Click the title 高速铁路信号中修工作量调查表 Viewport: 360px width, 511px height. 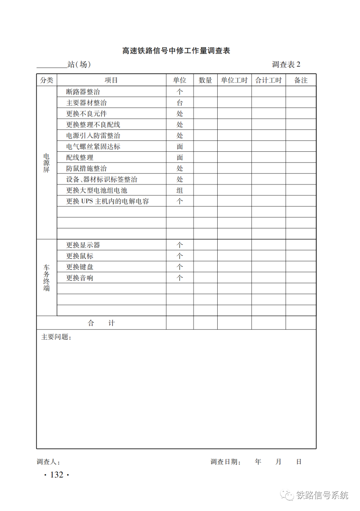[x=176, y=51]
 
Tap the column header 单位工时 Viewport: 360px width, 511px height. [x=234, y=80]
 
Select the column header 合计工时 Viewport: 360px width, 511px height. [x=268, y=80]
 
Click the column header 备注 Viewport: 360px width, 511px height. [x=301, y=80]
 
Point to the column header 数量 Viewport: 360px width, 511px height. [x=205, y=80]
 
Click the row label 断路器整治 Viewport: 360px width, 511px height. [x=83, y=92]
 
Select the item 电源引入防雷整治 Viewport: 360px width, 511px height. [x=93, y=136]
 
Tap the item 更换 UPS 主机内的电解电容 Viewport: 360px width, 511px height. [x=107, y=201]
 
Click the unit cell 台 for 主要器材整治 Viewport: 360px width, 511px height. [x=180, y=103]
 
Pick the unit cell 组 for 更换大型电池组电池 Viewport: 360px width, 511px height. [x=180, y=190]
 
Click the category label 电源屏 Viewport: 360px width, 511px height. [x=46, y=163]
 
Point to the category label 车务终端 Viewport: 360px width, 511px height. [x=46, y=278]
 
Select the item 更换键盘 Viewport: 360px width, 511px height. [x=80, y=267]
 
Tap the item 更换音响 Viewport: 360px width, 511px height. [x=80, y=278]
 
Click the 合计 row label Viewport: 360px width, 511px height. [x=101, y=323]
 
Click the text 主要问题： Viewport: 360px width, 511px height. [x=56, y=337]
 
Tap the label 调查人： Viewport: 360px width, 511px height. [x=48, y=462]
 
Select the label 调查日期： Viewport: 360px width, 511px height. [x=225, y=462]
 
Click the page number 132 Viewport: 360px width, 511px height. [x=57, y=475]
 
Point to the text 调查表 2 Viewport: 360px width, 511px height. [x=286, y=64]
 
